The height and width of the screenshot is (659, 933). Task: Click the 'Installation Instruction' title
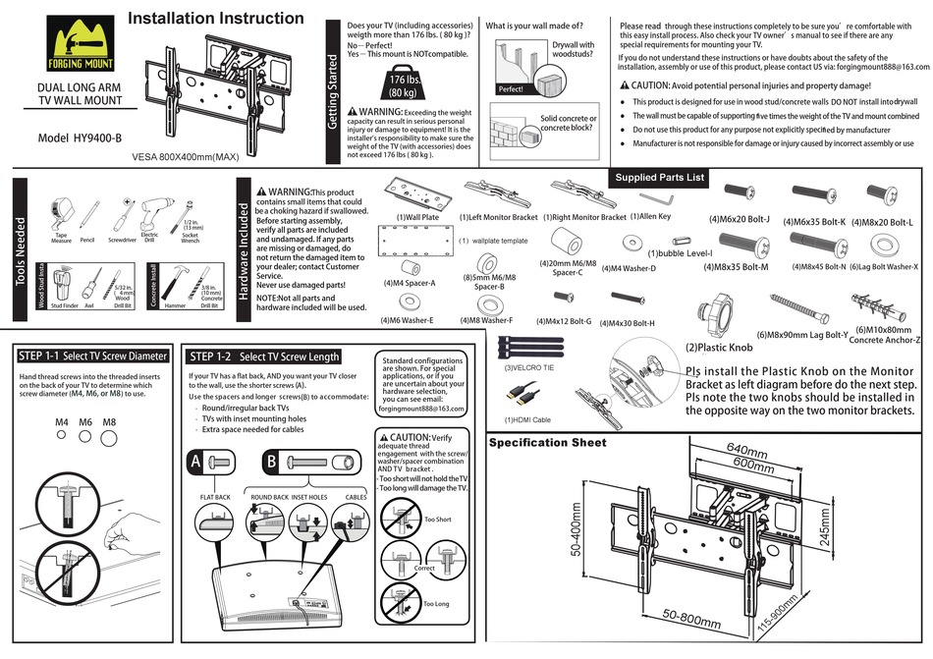[x=216, y=18]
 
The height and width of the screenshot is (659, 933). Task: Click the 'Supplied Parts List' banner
[x=660, y=178]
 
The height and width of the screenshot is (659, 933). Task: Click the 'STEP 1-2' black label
[x=210, y=356]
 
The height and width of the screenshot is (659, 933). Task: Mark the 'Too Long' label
[x=436, y=604]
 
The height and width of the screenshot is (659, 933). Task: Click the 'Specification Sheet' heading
[x=548, y=443]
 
